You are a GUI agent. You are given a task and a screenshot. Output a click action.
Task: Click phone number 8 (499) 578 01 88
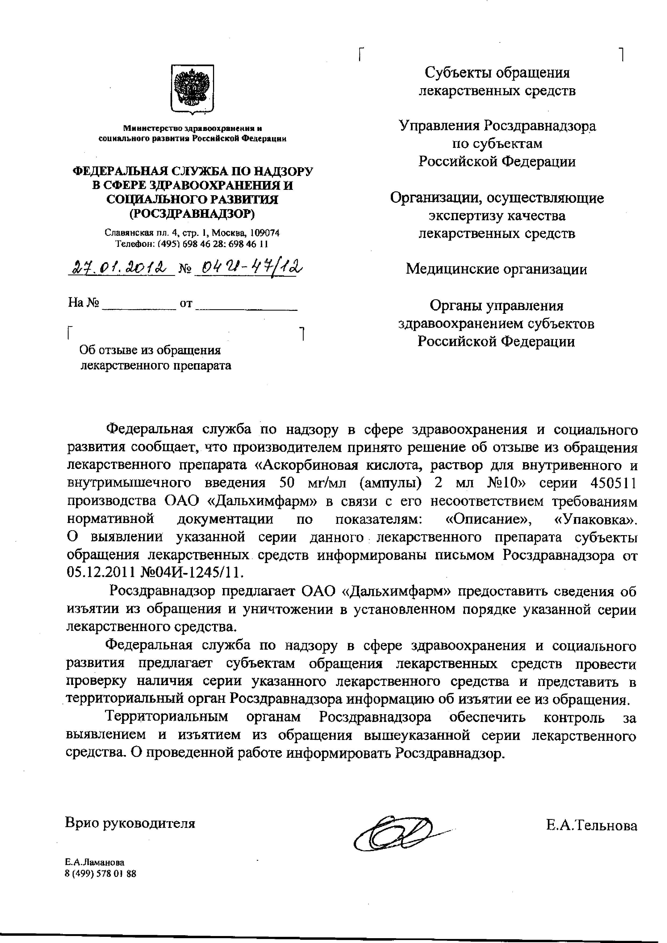[x=101, y=874]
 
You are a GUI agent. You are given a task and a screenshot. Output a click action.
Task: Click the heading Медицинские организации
[x=496, y=269]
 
